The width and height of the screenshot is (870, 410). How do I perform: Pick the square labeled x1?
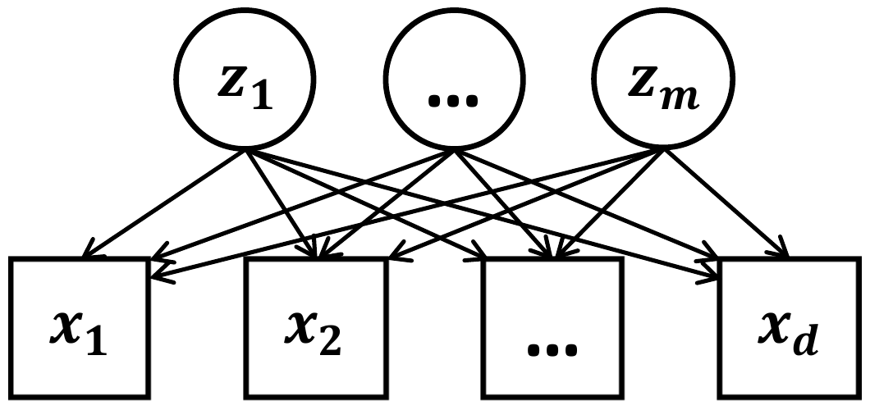coord(80,326)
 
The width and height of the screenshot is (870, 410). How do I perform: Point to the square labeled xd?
coord(790,326)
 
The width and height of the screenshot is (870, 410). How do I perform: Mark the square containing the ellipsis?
coord(552,326)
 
